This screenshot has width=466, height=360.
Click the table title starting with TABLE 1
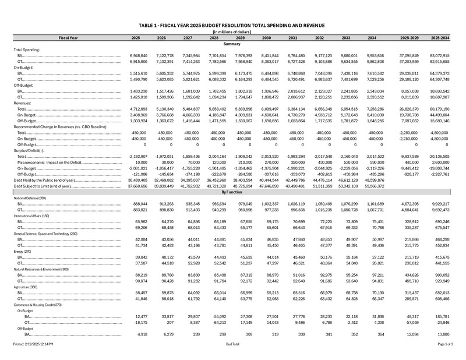[232, 27]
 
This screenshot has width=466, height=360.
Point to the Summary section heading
[232, 44]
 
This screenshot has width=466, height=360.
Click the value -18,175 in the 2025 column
[131, 322]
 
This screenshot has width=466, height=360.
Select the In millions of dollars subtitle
[232, 33]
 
